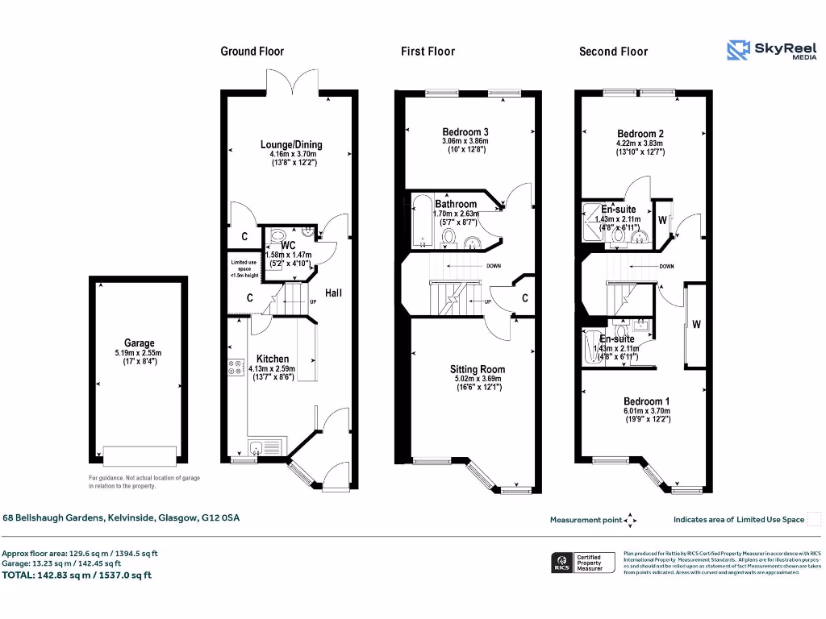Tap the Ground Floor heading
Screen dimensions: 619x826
tap(252, 52)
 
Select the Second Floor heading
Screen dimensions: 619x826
tap(613, 52)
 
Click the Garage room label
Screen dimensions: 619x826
tap(139, 343)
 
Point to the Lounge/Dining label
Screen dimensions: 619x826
tap(291, 145)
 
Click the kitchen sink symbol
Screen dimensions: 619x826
tap(265, 447)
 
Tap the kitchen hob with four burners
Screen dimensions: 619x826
tap(236, 368)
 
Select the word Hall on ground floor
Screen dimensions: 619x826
tap(334, 293)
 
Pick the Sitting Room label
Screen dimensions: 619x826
tap(477, 369)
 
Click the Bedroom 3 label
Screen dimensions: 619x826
tap(465, 132)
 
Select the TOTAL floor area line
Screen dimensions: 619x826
tap(77, 575)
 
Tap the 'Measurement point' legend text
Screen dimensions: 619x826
tap(586, 520)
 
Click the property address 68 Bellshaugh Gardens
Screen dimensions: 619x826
tap(121, 518)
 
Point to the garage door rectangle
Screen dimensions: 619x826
tap(140, 455)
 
